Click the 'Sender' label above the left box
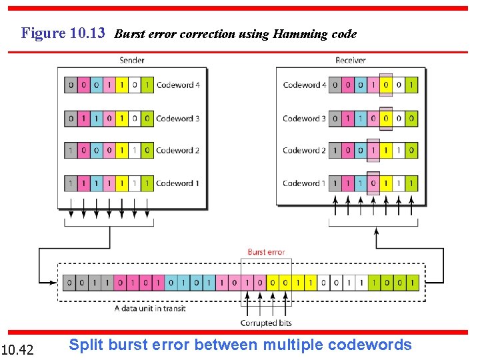[132, 61]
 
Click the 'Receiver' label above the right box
[350, 61]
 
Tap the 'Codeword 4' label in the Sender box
[177, 85]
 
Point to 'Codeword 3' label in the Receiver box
[305, 119]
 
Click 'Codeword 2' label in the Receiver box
[305, 151]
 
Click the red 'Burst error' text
[266, 252]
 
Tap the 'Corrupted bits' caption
[267, 323]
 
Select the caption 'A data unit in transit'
[150, 309]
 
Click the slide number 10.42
[17, 349]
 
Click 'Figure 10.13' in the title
[63, 33]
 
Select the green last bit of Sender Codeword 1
[147, 183]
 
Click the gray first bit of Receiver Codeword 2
[335, 151]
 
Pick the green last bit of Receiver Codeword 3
[411, 119]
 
